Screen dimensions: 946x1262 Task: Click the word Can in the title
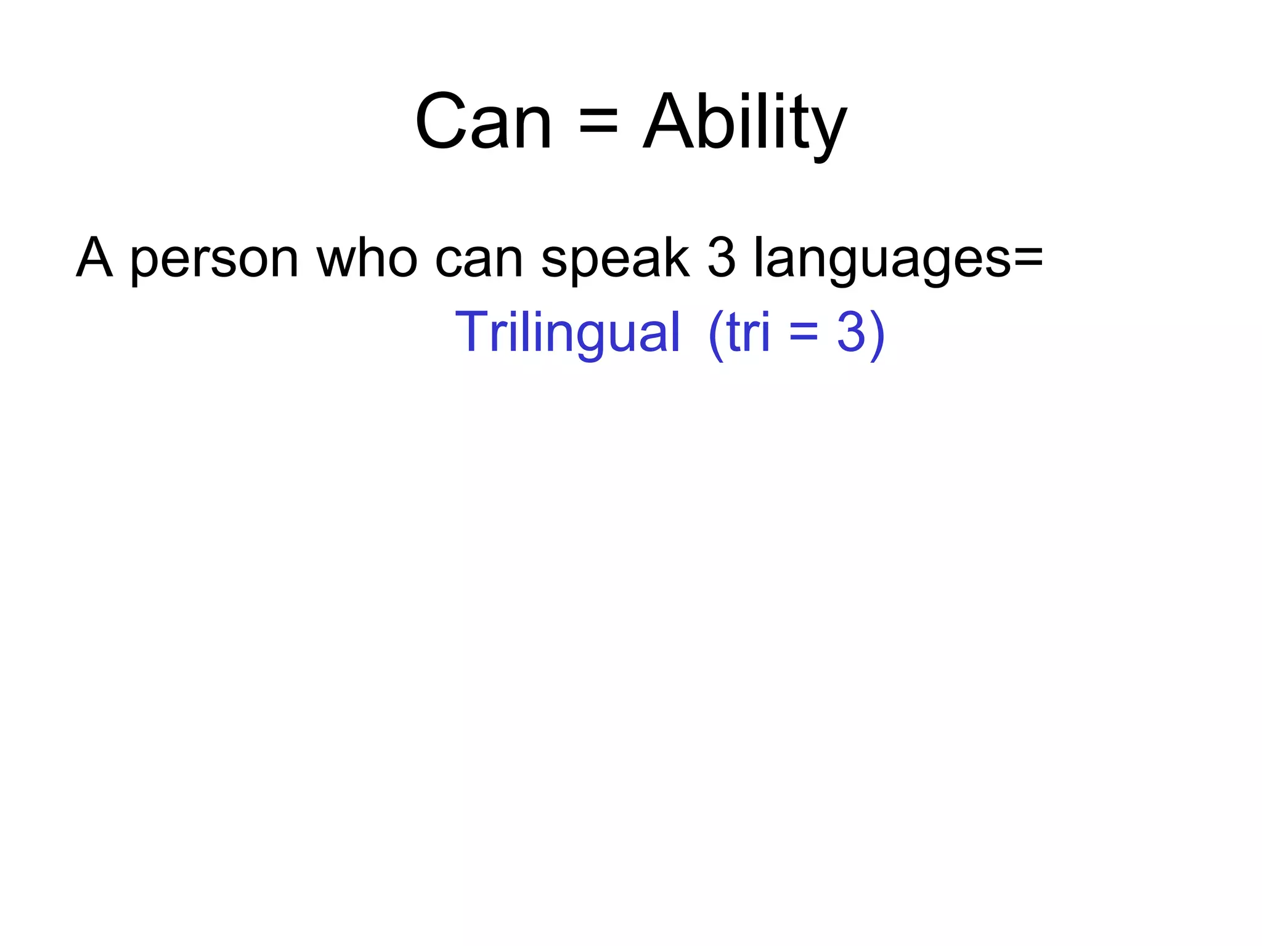(483, 121)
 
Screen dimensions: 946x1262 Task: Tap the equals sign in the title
(598, 121)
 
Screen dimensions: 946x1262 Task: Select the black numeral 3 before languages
(722, 257)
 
